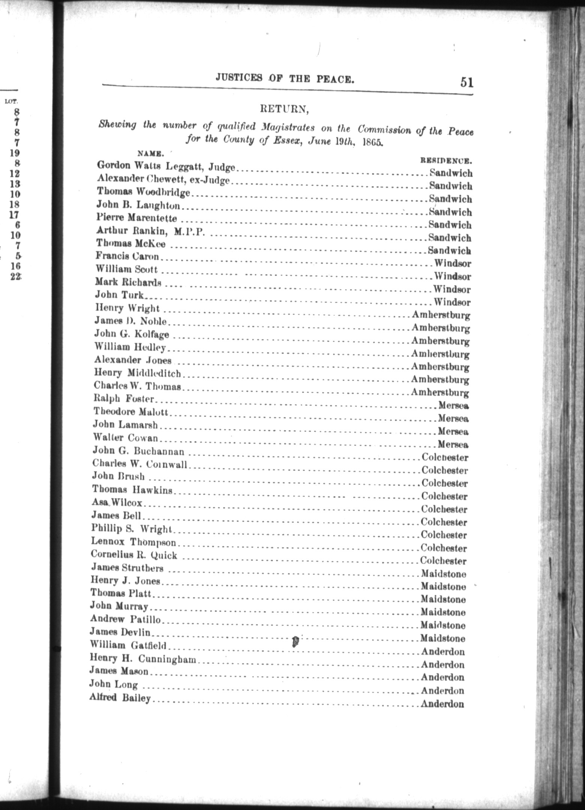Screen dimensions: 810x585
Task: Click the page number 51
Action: [x=466, y=82]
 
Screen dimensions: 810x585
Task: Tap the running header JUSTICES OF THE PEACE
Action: [x=285, y=78]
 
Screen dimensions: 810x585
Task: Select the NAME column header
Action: [x=150, y=153]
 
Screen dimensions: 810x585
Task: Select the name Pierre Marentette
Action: [x=136, y=217]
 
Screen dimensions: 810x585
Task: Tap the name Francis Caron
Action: [x=127, y=256]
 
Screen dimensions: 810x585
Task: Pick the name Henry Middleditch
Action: [x=137, y=373]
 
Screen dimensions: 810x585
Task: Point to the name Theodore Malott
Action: [x=130, y=412]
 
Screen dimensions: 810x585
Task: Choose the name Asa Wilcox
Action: [x=117, y=502]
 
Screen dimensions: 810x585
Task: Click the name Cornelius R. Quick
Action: [x=133, y=555]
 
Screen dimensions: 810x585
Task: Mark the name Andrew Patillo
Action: [x=125, y=619]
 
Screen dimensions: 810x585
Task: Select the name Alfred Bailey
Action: [x=120, y=698]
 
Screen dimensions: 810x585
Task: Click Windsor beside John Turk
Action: [x=452, y=302]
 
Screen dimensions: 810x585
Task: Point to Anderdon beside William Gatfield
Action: [x=442, y=652]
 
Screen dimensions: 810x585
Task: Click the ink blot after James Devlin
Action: [x=295, y=642]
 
